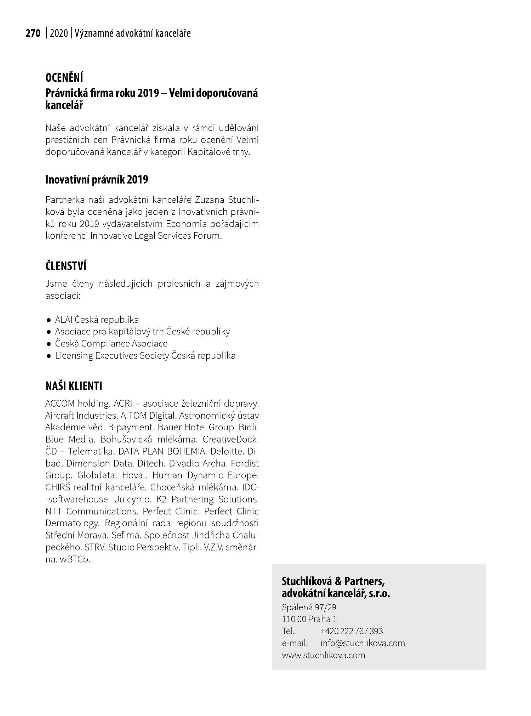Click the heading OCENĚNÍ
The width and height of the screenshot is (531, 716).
(x=64, y=77)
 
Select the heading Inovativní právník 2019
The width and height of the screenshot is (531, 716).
(x=97, y=180)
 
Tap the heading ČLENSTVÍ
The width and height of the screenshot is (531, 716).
(x=66, y=266)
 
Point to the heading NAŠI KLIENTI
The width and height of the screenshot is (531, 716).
(x=74, y=386)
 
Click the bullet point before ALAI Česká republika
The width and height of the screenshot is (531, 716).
(x=48, y=320)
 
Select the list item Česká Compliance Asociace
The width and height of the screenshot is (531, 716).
(x=111, y=343)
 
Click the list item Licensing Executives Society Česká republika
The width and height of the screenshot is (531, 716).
(x=145, y=355)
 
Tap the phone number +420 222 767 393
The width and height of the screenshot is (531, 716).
(x=351, y=631)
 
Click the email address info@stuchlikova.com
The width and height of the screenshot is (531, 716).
(x=362, y=643)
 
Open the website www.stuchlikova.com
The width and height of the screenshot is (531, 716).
(x=323, y=655)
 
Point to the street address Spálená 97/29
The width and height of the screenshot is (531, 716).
(x=309, y=607)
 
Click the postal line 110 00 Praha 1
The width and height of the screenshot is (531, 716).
(x=309, y=619)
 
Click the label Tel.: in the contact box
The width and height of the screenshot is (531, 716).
(x=289, y=631)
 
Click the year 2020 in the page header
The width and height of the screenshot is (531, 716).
(x=59, y=34)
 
